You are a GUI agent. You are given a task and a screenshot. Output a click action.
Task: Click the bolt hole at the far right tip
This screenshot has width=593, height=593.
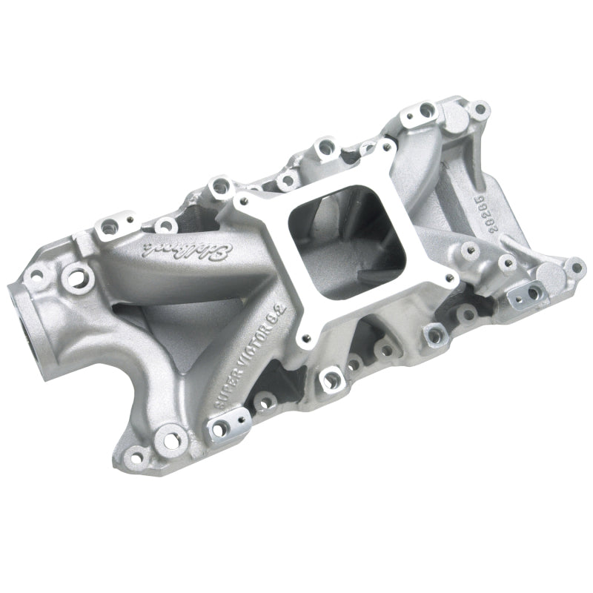point(574,264)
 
